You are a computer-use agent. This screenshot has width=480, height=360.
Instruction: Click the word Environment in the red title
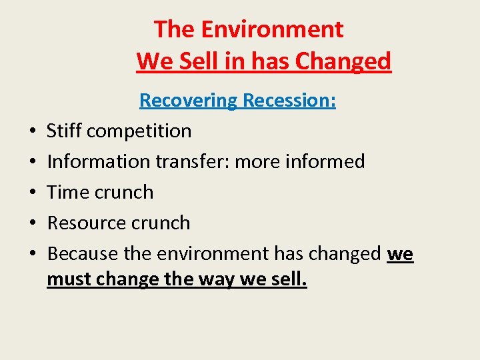tap(272, 29)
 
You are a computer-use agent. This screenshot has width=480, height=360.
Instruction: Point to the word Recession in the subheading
tap(289, 101)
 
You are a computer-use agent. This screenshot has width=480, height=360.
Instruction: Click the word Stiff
tap(63, 131)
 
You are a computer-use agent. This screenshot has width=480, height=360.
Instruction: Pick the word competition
tap(139, 131)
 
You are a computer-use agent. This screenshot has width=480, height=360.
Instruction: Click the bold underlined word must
tap(69, 279)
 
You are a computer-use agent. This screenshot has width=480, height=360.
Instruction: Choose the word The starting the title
tap(175, 29)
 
